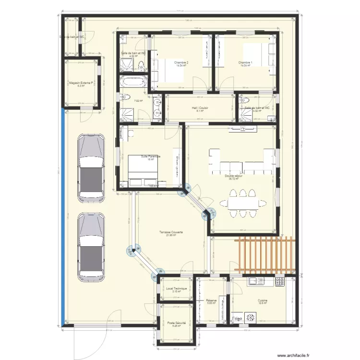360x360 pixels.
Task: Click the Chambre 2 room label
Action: tap(181, 63)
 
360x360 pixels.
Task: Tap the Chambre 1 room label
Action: tap(245, 63)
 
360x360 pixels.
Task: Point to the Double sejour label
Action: tap(233, 176)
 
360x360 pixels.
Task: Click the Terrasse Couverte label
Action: tap(171, 232)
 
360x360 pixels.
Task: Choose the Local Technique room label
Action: tap(176, 288)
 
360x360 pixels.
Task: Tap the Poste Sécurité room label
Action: tap(176, 323)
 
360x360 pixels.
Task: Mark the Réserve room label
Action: tap(212, 300)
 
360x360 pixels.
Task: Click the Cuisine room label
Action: tap(262, 300)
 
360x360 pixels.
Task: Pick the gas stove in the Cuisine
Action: tap(279, 282)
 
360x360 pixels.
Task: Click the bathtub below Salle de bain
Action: tap(133, 83)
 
